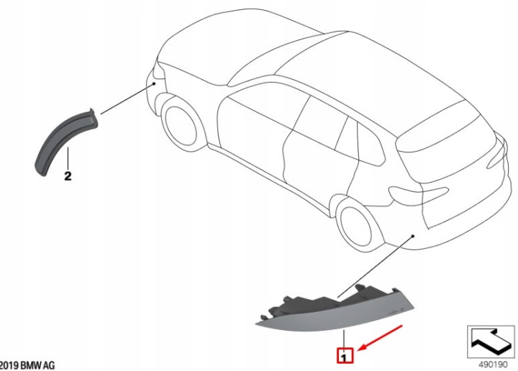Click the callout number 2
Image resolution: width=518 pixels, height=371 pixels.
click(68, 176)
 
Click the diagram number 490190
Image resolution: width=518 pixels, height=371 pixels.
click(493, 365)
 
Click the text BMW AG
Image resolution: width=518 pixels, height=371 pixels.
click(37, 365)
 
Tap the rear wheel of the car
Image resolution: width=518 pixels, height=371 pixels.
click(357, 225)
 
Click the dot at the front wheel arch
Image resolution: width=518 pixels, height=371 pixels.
click(154, 83)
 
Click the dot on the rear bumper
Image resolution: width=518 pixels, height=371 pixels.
click(413, 236)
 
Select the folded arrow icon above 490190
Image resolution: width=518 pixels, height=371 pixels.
click(491, 342)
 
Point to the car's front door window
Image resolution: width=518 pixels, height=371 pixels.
click(261, 109)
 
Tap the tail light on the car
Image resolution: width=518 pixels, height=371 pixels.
click(419, 193)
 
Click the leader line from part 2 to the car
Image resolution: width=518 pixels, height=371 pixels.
click(127, 99)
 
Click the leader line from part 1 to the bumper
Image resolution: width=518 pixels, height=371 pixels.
click(375, 266)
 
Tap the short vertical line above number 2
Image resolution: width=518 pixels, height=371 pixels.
click(68, 158)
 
